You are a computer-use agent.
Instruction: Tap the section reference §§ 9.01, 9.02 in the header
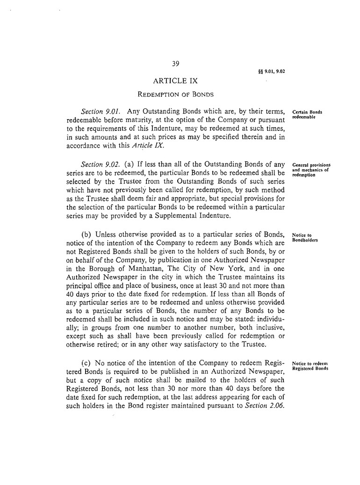[x=271, y=72]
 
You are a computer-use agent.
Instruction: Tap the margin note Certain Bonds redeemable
[x=307, y=115]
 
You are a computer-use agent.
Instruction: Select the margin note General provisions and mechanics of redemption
[x=311, y=170]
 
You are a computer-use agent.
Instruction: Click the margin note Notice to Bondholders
[x=305, y=237]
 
